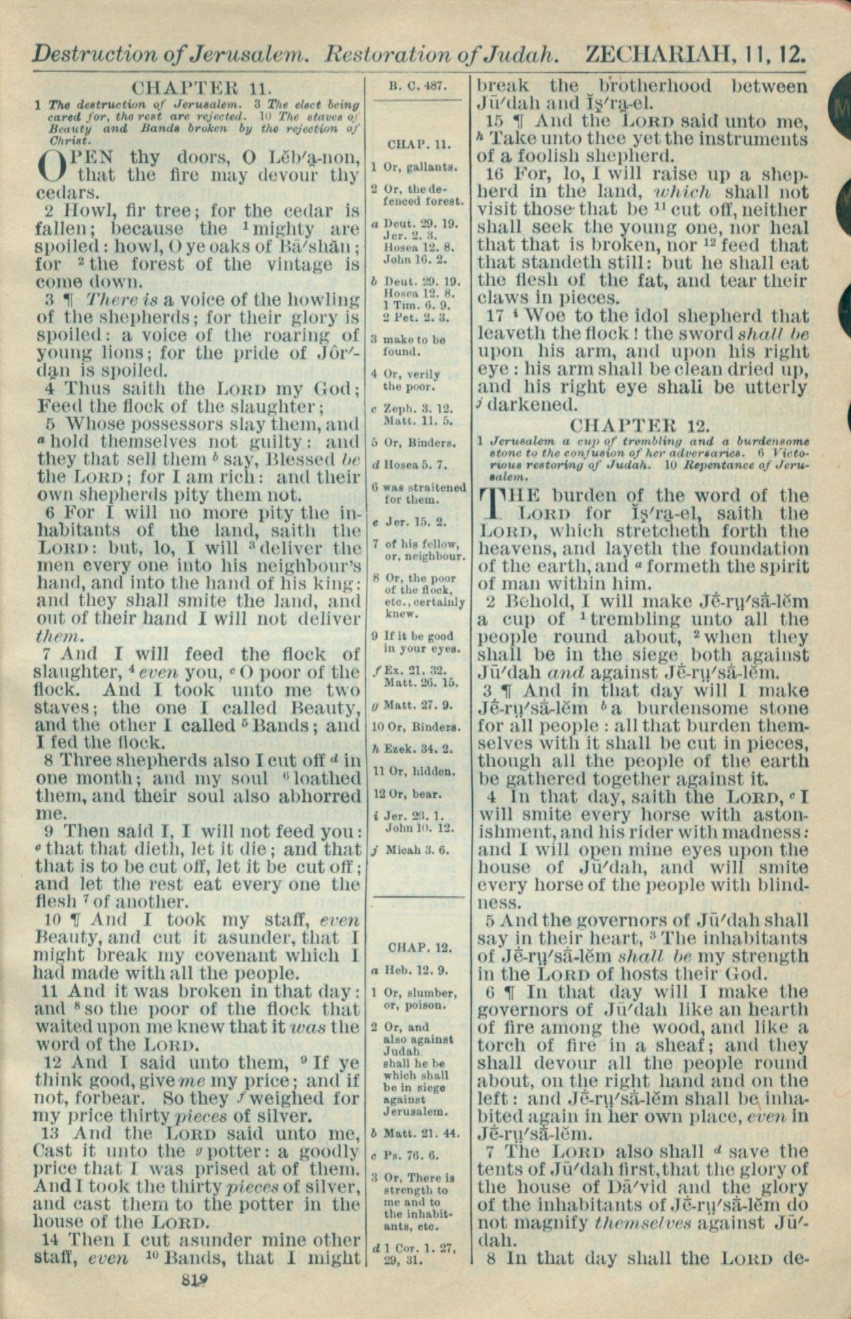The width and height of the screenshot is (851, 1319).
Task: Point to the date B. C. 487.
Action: coord(417,87)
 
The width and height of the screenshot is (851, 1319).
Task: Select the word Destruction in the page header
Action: coord(88,54)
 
